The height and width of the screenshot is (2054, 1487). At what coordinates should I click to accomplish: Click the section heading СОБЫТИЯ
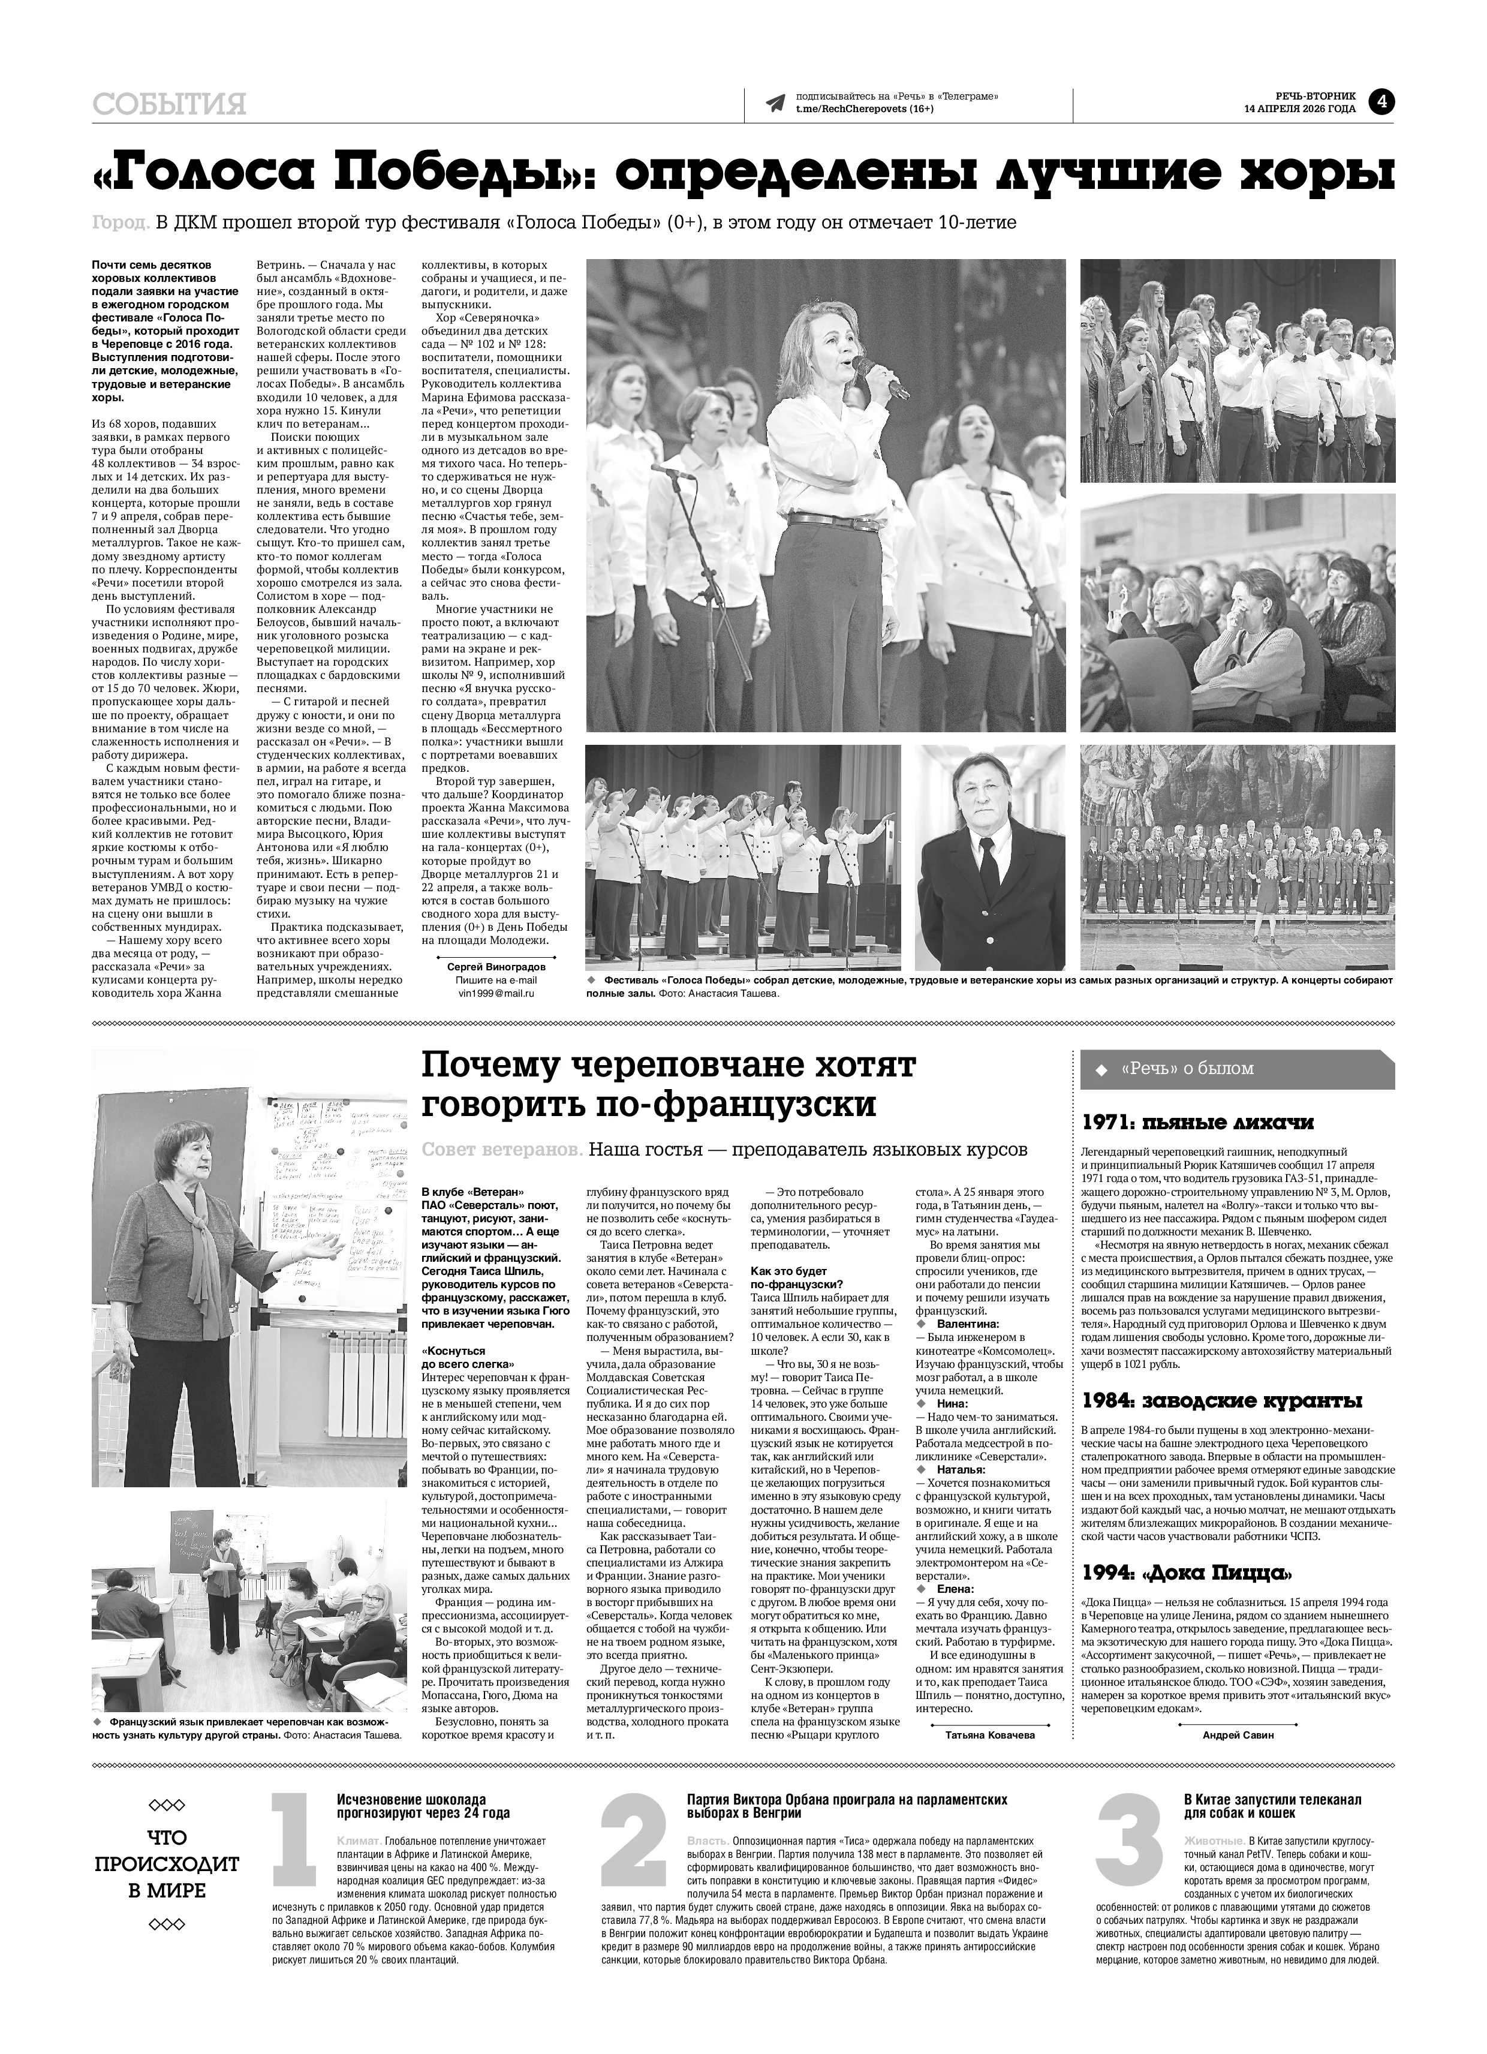[x=169, y=105]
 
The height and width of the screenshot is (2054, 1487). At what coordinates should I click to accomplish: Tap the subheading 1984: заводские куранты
[x=1221, y=1401]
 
